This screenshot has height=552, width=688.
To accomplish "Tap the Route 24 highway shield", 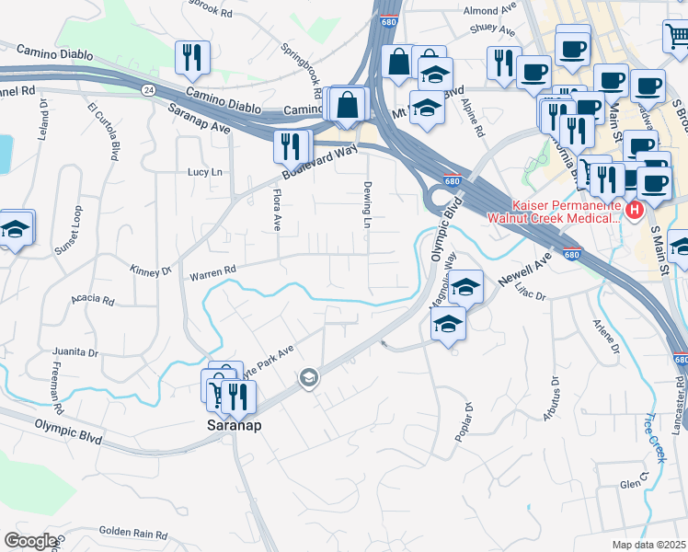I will coord(147,90).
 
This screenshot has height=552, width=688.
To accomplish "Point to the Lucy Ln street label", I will coord(205,172).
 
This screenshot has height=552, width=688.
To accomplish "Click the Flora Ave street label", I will coord(274,209).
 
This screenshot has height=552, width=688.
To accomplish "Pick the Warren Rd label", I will coord(212,272).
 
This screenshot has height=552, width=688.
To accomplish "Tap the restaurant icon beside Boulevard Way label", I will coord(288,145).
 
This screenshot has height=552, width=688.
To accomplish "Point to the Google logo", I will coord(29,541).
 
